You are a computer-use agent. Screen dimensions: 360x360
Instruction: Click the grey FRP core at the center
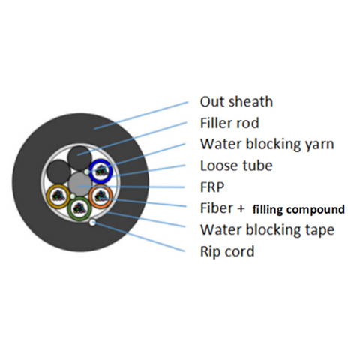pyautogui.click(x=79, y=184)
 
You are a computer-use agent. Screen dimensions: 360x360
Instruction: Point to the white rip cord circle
pyautogui.click(x=92, y=222)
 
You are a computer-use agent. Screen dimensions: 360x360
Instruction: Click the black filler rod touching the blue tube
pyautogui.click(x=79, y=158)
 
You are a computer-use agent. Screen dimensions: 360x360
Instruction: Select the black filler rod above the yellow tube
pyautogui.click(x=58, y=172)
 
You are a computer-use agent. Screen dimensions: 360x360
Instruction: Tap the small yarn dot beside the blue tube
pyautogui.click(x=87, y=172)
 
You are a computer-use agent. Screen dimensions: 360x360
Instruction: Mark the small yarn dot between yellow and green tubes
pyautogui.click(x=72, y=196)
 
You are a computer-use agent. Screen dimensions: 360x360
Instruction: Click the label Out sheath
pyautogui.click(x=236, y=101)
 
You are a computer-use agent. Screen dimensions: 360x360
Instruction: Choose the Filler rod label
pyautogui.click(x=229, y=123)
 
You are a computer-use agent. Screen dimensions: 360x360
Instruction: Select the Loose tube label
pyautogui.click(x=236, y=166)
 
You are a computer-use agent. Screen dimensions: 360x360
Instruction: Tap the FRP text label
pyautogui.click(x=212, y=187)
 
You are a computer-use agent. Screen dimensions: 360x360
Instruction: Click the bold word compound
pyautogui.click(x=316, y=210)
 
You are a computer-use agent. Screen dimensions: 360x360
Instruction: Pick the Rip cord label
pyautogui.click(x=227, y=251)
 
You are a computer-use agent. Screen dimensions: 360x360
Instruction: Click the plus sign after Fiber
pyautogui.click(x=241, y=208)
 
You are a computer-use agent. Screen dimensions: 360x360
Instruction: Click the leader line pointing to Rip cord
pyautogui.click(x=139, y=237)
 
